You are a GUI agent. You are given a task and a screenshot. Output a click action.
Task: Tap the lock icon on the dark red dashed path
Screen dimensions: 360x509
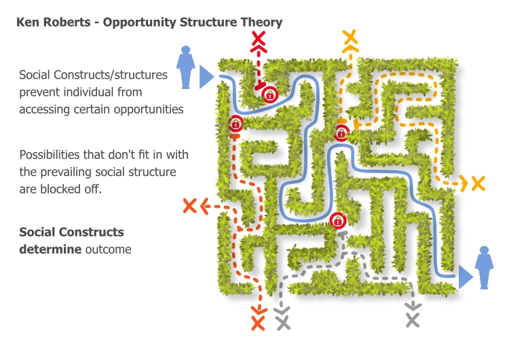pyautogui.click(x=270, y=94)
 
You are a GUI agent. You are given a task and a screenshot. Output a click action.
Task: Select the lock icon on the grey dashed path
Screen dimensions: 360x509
pyautogui.click(x=337, y=220)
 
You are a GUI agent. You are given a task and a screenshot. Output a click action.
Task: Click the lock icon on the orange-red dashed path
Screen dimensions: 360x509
pyautogui.click(x=235, y=124)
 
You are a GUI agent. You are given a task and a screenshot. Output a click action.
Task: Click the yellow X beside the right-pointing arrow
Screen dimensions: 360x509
pyautogui.click(x=478, y=183)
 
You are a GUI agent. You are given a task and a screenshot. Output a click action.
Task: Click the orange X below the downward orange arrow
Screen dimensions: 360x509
pyautogui.click(x=258, y=323)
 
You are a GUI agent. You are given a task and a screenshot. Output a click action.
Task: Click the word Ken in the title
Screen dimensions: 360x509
pyautogui.click(x=26, y=22)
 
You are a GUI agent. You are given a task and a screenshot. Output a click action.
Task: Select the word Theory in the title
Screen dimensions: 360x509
pyautogui.click(x=261, y=22)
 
